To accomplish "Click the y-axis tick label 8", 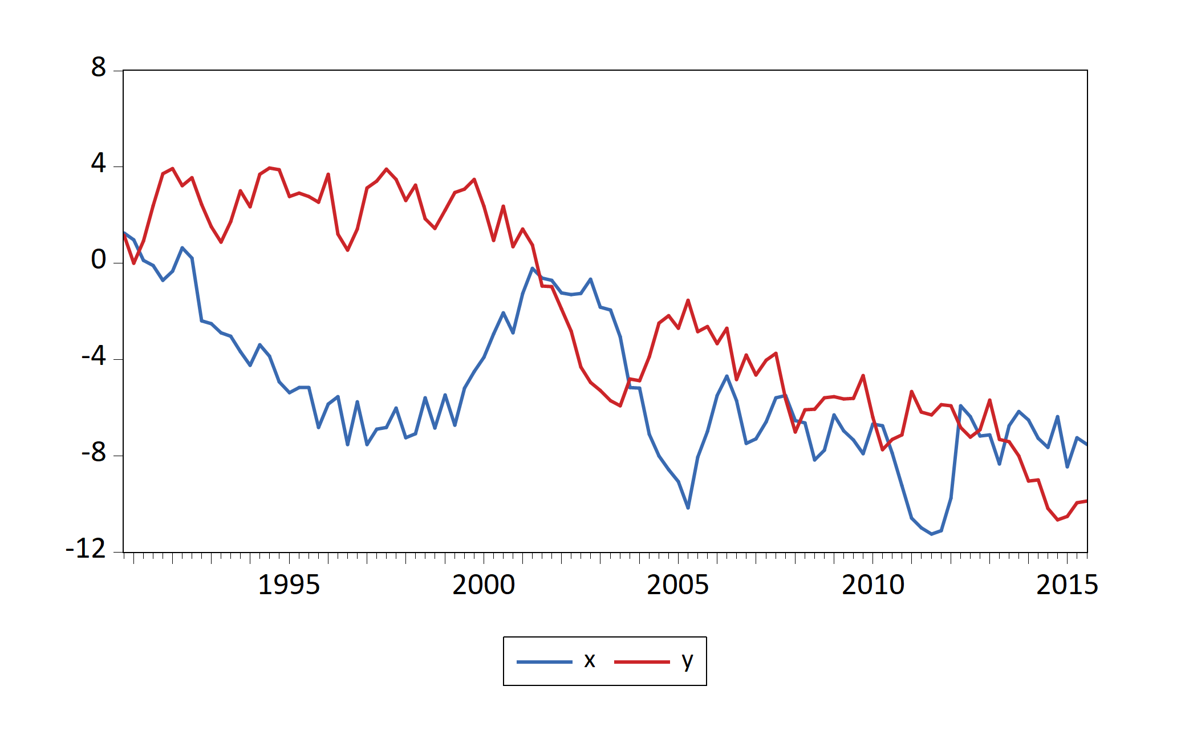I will [98, 68].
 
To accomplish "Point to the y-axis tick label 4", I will [98, 164].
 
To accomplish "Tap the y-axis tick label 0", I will [98, 260].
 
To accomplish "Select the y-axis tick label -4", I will [94, 356].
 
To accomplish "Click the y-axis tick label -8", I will [94, 453].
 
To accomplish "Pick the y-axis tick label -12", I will [86, 549].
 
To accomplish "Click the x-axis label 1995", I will [289, 585].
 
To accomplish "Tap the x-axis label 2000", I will [484, 585].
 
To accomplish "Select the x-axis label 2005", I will [677, 585].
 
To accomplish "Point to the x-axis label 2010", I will [872, 585].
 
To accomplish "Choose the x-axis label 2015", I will [1067, 585].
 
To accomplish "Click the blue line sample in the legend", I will [544, 661].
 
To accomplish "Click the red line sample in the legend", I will [642, 661].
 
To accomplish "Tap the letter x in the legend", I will [590, 660].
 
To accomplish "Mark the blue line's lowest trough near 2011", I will [931, 534].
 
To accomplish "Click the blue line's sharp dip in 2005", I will [688, 507].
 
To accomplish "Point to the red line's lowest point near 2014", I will [1057, 519].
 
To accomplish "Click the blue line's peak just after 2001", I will [533, 268].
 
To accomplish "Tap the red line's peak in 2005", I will [688, 300].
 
